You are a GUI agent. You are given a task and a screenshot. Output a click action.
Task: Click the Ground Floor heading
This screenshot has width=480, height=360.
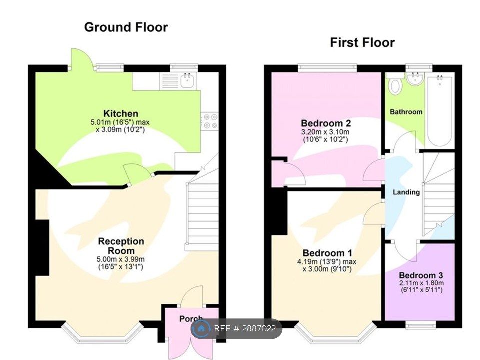[126, 27]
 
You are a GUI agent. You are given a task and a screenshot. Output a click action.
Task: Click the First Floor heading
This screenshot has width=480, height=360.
[362, 42]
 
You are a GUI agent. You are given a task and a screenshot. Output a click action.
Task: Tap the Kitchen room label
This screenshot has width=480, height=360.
[121, 114]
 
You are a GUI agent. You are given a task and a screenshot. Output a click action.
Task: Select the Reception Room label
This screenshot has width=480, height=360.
[121, 246]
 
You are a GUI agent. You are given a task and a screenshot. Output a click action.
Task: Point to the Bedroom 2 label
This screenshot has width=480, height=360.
[326, 123]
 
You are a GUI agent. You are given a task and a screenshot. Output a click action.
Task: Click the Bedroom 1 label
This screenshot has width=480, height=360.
[327, 253]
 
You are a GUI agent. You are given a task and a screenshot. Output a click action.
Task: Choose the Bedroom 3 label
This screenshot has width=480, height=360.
[421, 275]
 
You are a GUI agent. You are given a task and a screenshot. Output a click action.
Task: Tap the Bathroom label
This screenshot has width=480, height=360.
[406, 112]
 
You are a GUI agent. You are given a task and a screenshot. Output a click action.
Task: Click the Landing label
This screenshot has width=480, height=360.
[406, 192]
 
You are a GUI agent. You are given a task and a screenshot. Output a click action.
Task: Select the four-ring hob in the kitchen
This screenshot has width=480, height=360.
[210, 121]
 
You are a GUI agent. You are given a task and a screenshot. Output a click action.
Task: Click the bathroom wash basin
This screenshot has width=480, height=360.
[415, 78]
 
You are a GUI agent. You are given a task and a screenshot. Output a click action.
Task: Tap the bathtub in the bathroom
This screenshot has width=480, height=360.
[439, 111]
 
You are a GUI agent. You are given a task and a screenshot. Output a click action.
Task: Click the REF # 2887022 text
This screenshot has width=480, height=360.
[245, 329]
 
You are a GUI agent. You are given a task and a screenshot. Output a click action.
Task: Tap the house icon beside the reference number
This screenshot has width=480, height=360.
[201, 329]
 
